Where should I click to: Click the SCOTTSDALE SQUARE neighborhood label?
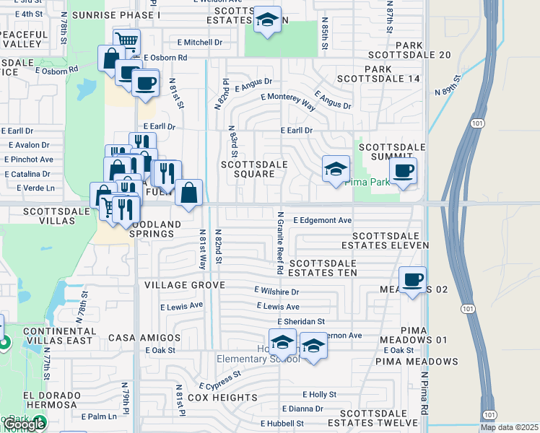[254, 169]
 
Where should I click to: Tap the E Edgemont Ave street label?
[322, 220]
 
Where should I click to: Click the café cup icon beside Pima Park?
[403, 171]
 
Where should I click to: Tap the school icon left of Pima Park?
[336, 170]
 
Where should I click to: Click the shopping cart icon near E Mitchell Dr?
[126, 41]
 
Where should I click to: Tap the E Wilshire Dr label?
[276, 292]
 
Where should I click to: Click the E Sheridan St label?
[301, 321]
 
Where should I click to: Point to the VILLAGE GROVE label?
[180, 286]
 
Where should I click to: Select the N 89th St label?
[448, 85]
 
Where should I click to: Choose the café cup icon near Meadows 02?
[412, 279]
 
